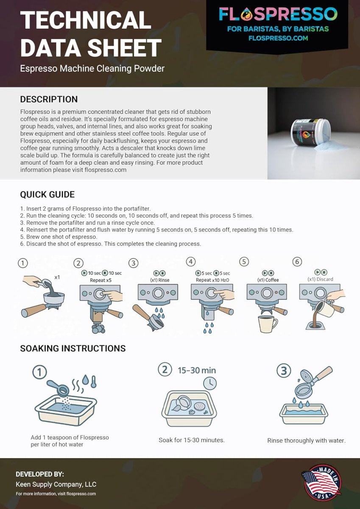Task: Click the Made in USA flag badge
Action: (x=321, y=484)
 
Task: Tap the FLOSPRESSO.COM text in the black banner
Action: (x=278, y=38)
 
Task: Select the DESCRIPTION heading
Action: (x=49, y=99)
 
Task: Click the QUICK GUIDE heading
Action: (x=47, y=195)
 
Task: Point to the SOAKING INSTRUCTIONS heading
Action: (x=73, y=348)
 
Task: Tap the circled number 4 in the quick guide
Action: (x=191, y=262)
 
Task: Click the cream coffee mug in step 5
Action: (x=267, y=324)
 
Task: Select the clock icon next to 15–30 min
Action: (x=209, y=383)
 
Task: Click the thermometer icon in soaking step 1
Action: (x=94, y=381)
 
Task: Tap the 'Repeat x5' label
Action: (x=100, y=280)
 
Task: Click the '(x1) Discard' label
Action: (x=320, y=279)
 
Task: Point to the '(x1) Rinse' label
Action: (x=160, y=280)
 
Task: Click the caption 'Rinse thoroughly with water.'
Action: (x=307, y=440)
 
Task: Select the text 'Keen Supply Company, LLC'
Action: (x=56, y=484)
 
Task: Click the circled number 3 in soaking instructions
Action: (x=284, y=370)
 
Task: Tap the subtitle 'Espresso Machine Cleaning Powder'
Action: (x=92, y=68)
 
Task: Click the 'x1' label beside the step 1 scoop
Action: (x=57, y=277)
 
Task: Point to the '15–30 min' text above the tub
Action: (x=197, y=370)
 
